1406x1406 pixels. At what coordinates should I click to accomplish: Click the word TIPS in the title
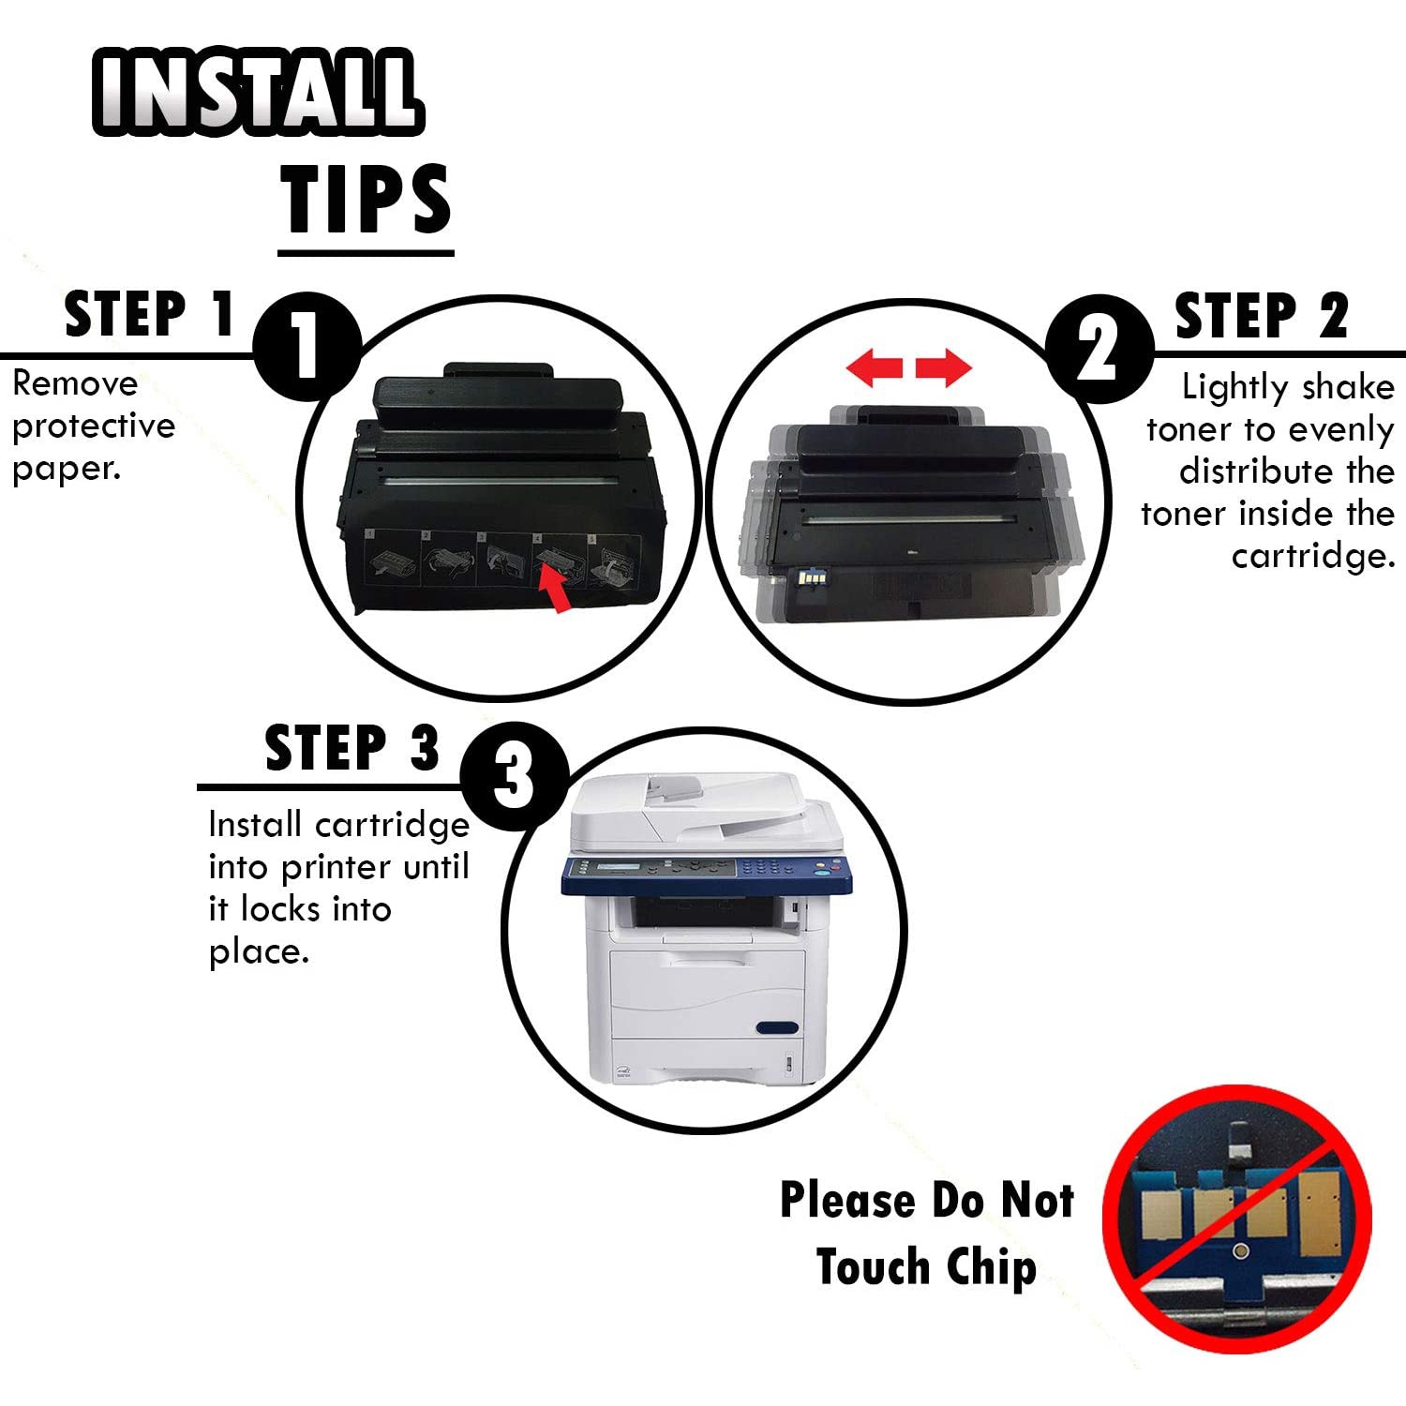pyautogui.click(x=366, y=199)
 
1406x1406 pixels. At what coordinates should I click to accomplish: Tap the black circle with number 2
pyautogui.click(x=1099, y=349)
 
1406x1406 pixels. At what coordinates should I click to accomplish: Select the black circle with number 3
pyautogui.click(x=515, y=775)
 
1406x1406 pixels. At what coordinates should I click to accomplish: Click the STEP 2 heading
pyautogui.click(x=1262, y=315)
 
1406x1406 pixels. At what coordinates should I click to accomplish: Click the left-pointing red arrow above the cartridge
pyautogui.click(x=874, y=366)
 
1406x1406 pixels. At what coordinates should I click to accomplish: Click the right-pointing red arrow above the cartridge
pyautogui.click(x=944, y=366)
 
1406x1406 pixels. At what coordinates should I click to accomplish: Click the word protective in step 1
pyautogui.click(x=94, y=426)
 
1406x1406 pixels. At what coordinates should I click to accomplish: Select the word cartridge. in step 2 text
pyautogui.click(x=1313, y=557)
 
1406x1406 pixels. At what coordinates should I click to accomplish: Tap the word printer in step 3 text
pyautogui.click(x=337, y=868)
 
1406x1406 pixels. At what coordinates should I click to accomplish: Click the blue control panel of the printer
pyautogui.click(x=707, y=875)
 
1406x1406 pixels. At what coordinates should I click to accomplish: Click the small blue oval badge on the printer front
pyautogui.click(x=777, y=1027)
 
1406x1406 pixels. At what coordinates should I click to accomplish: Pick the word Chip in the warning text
pyautogui.click(x=992, y=1267)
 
